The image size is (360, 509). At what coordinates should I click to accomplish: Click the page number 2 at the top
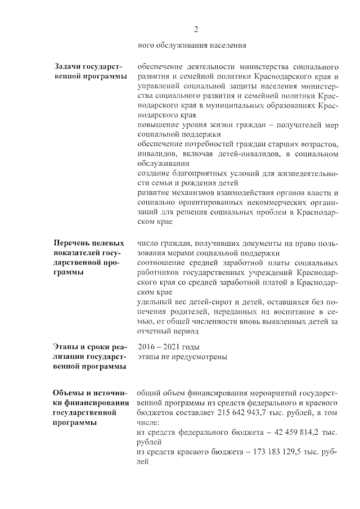coord(196,29)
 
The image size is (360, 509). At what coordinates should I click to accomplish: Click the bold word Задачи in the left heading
coord(67,67)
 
